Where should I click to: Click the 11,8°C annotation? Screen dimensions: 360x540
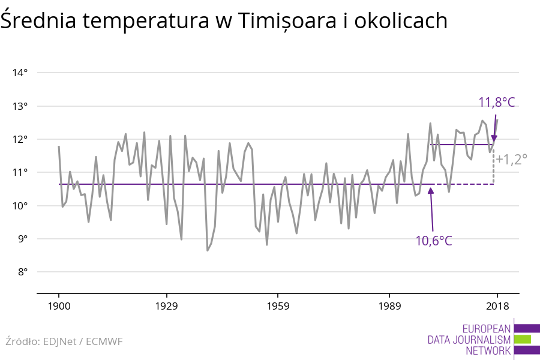[x=497, y=102]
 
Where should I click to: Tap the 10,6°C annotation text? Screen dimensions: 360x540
[x=434, y=241]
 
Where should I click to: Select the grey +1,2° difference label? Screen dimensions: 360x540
[x=511, y=160]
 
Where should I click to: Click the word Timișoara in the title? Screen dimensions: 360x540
[x=283, y=21]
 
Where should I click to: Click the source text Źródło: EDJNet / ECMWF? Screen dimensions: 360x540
[x=64, y=341]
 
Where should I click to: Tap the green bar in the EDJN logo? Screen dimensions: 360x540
[x=522, y=340]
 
